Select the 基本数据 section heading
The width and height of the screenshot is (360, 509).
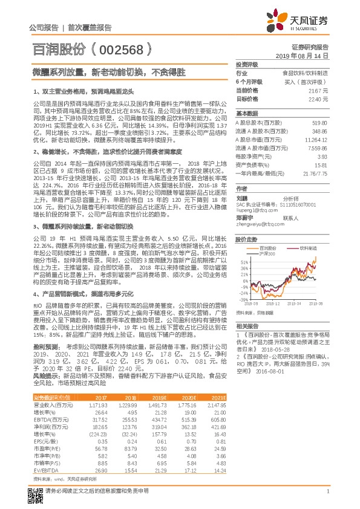246,113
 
